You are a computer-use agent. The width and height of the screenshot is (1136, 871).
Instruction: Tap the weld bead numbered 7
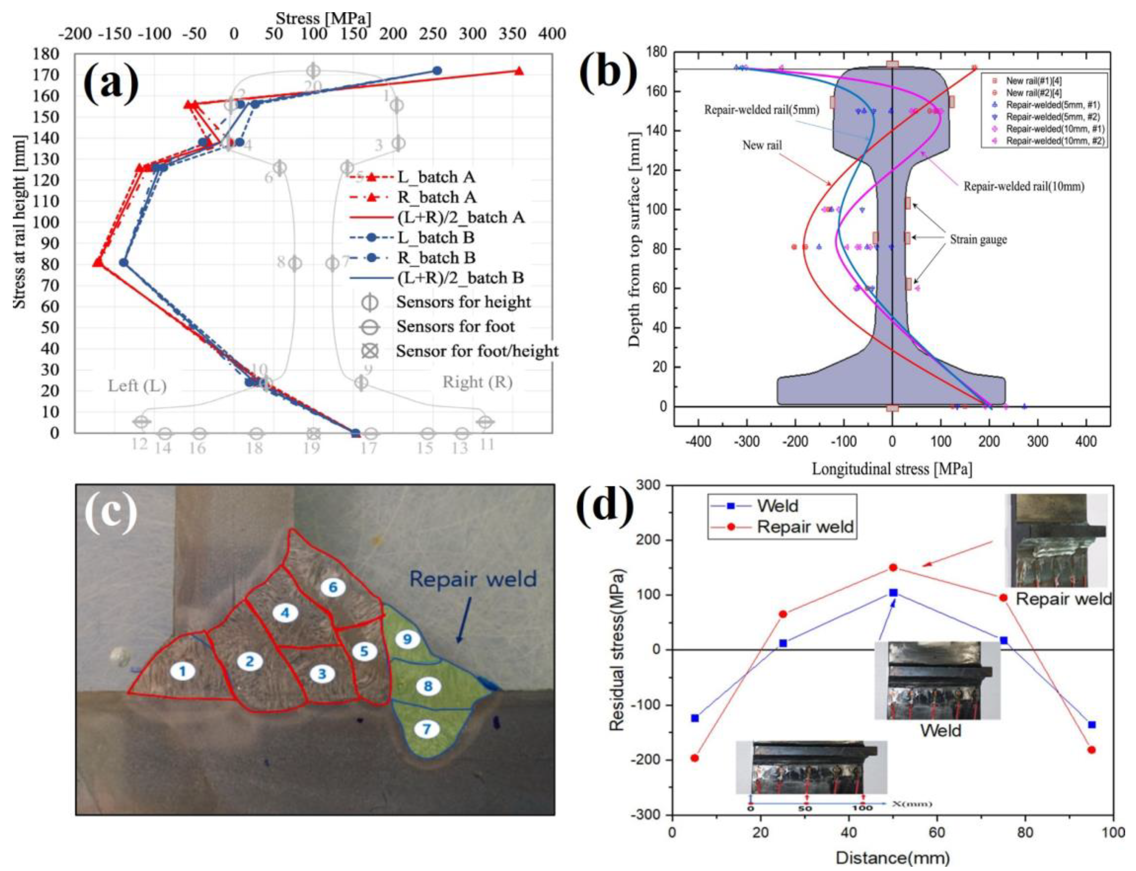[426, 729]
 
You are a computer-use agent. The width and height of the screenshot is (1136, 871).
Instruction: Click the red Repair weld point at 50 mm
[893, 568]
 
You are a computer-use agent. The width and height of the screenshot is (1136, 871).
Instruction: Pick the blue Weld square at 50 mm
[893, 593]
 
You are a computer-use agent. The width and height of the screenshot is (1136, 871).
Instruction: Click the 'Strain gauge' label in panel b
[978, 240]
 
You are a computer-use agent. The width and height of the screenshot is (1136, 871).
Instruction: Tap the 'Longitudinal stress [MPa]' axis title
[892, 469]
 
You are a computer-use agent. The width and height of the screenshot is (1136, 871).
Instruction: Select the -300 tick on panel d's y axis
[646, 814]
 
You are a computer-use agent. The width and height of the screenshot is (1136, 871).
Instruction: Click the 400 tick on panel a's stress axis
[552, 34]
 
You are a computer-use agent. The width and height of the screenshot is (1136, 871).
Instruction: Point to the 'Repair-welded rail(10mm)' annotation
[1024, 186]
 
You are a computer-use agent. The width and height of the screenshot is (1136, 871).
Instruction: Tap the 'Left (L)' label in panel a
[137, 386]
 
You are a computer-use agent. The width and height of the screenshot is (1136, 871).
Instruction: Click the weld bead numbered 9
[407, 639]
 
